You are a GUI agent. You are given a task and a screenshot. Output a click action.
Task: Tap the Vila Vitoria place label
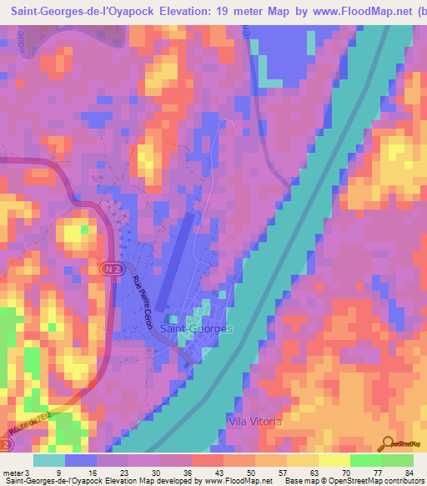[255, 422]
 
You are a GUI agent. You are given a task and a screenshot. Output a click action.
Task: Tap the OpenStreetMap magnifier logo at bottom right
[387, 442]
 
